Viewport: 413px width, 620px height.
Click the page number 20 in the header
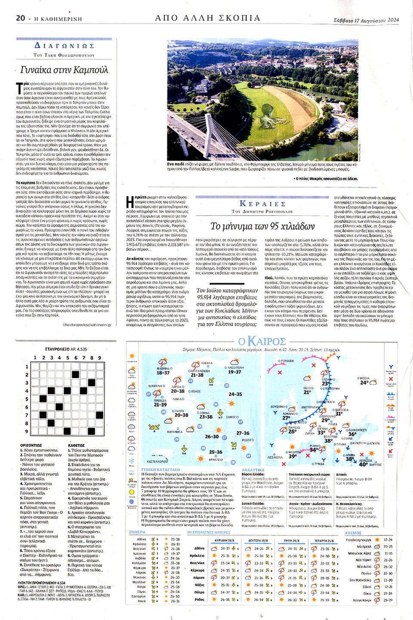coord(20,18)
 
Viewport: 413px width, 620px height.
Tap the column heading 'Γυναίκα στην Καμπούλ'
coord(64,70)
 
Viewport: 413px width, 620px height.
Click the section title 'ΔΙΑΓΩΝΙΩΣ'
coord(64,46)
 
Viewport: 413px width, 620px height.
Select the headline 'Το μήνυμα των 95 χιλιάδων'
coord(262,226)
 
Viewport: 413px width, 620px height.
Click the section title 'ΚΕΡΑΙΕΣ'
coord(262,204)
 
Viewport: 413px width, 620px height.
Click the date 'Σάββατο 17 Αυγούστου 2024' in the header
coord(366,20)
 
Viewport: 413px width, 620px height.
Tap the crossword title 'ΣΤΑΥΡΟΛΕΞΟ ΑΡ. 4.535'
coord(66,349)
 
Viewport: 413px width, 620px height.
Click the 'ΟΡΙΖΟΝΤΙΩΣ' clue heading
coord(31,446)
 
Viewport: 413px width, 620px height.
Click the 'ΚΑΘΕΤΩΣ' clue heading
coord(77,446)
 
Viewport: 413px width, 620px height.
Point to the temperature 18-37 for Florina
coord(163,373)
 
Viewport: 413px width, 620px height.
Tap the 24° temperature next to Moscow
coord(364,383)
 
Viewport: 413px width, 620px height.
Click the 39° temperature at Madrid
coord(293,457)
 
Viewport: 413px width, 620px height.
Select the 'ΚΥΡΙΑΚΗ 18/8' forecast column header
coord(225,541)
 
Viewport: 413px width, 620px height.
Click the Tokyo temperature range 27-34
coord(388,593)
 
